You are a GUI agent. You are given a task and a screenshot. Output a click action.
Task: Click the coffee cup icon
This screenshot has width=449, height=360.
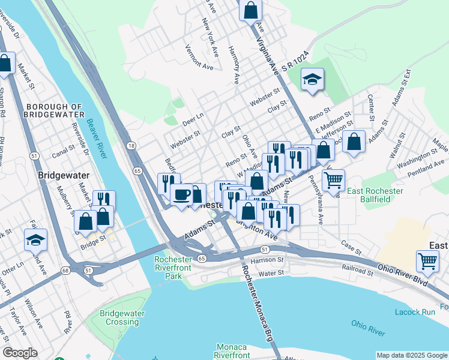[x=181, y=194]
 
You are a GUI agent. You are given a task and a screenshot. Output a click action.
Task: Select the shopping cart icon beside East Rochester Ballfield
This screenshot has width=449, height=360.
[x=333, y=179]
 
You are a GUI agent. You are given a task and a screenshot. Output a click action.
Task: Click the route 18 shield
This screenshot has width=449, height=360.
[x=130, y=146]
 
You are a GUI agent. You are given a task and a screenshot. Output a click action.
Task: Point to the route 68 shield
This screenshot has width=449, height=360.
[x=65, y=271]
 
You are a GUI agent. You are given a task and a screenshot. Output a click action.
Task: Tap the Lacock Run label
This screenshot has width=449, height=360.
[x=415, y=312]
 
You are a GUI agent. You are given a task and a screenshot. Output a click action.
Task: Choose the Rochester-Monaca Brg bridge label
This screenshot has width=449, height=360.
[x=256, y=297]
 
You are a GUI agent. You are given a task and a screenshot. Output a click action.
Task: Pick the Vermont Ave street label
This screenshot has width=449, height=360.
[x=199, y=58]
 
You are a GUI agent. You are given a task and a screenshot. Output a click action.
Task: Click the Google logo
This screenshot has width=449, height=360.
[x=20, y=353]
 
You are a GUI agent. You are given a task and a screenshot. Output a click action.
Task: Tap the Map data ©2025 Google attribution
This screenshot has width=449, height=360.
[x=411, y=355]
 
